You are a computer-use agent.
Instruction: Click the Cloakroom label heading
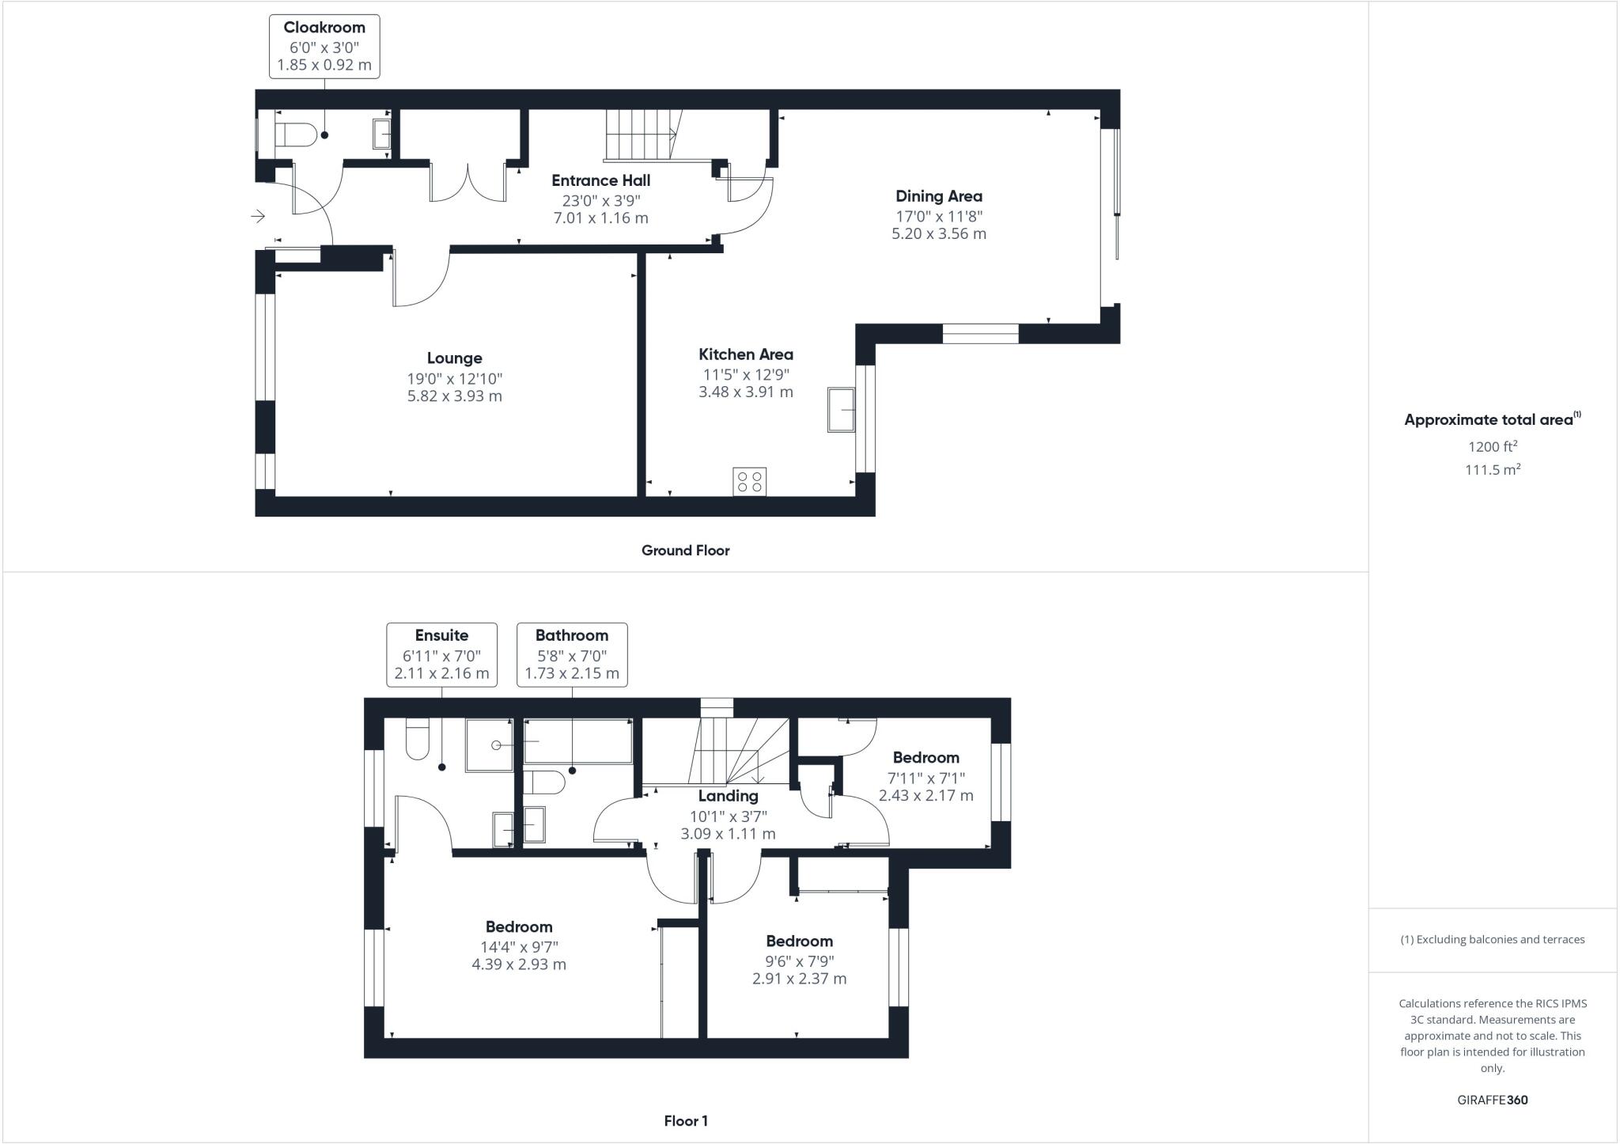[x=324, y=28]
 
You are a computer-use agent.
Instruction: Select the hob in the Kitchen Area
[x=749, y=482]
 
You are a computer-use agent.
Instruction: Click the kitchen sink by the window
[x=842, y=409]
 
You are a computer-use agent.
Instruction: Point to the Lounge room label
[x=454, y=358]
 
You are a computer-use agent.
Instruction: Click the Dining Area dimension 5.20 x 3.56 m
[x=938, y=233]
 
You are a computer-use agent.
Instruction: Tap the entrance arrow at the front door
[x=258, y=215]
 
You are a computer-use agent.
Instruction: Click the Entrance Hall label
[x=600, y=180]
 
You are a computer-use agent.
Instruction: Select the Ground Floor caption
[x=685, y=551]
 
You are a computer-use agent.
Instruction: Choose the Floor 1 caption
[x=685, y=1121]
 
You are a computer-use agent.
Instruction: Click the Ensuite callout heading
[x=441, y=635]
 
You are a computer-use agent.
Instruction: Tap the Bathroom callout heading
[x=571, y=635]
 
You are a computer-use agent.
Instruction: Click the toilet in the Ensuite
[x=417, y=741]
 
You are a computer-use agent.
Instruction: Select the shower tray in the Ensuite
[x=488, y=745]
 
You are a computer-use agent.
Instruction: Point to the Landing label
[x=728, y=796]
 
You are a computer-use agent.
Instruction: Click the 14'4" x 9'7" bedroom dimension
[x=518, y=947]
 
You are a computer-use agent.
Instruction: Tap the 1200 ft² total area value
[x=1492, y=446]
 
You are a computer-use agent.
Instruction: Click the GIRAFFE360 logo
[x=1492, y=1100]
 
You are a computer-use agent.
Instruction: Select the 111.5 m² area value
[x=1492, y=470]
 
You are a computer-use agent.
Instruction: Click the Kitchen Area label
[x=745, y=354]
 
